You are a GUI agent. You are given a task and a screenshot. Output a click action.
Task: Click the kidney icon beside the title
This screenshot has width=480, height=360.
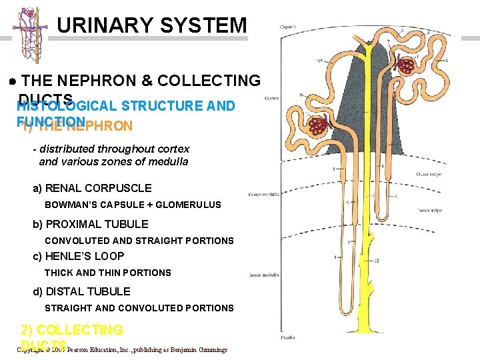tap(29, 35)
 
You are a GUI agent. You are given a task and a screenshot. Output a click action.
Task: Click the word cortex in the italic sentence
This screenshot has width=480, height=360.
tap(173, 149)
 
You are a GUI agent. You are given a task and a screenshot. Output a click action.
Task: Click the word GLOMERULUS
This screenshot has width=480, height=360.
tap(188, 205)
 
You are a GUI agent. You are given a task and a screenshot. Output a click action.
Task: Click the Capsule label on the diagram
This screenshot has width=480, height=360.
tap(288, 27)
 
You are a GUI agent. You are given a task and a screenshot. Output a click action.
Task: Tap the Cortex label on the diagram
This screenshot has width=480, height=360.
tap(271, 97)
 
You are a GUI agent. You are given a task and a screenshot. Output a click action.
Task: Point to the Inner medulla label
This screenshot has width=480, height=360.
tap(265, 275)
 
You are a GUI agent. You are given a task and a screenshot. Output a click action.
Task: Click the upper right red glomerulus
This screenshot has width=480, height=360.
tap(405, 65)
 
